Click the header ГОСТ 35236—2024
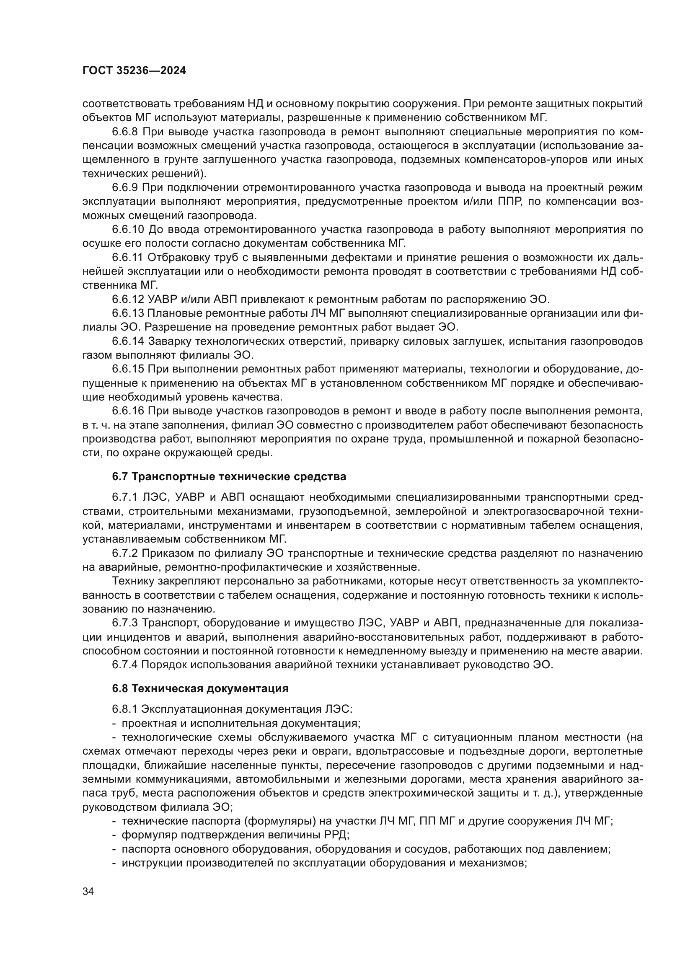(134, 71)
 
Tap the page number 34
(88, 891)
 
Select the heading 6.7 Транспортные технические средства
(229, 476)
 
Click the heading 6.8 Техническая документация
(200, 688)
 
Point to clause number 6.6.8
(124, 132)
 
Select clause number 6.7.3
(124, 623)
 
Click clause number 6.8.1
(124, 709)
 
